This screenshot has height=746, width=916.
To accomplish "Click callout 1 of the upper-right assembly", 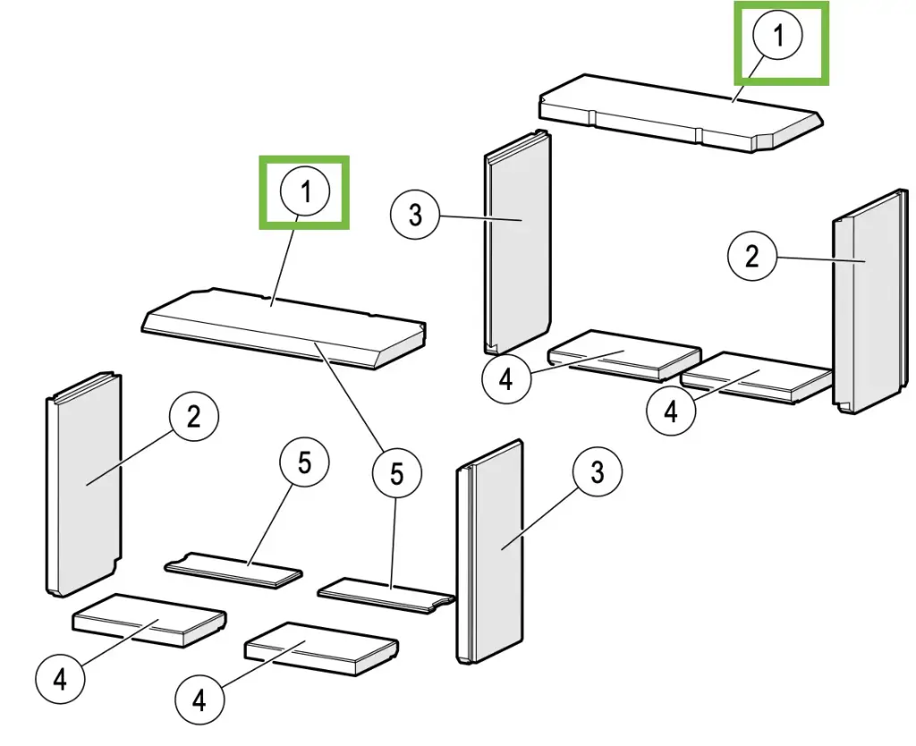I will coord(778,37).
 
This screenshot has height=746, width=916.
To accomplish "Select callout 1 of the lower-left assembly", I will coord(304,192).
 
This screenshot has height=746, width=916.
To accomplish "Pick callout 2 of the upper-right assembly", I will coord(751,257).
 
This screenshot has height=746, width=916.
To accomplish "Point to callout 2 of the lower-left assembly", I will coord(195,417).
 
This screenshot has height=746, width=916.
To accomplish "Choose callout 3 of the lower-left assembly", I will coord(596,471).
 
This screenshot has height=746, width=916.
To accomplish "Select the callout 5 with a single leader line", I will coord(304,466).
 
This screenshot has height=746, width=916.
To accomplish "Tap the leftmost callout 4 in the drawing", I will coord(59,679).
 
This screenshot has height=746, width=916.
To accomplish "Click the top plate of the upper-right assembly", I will coord(680,112).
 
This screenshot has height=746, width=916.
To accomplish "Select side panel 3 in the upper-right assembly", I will coord(517,242).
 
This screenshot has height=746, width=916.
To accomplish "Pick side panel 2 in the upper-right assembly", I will coord(866,304).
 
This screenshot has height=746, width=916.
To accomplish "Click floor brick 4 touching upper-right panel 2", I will coord(756,377).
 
